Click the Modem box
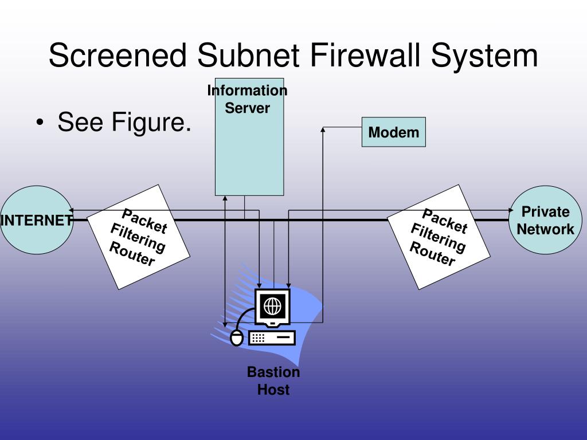click(x=393, y=132)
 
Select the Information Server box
click(x=249, y=149)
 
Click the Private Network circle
click(x=545, y=220)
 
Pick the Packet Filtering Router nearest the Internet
click(x=139, y=237)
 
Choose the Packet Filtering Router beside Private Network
click(x=439, y=237)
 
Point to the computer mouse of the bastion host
click(x=236, y=338)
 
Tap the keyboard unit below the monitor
click(x=272, y=337)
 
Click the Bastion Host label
click(x=273, y=381)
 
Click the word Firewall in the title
click(x=366, y=56)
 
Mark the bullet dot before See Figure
click(x=39, y=123)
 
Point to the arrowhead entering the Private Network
click(x=511, y=210)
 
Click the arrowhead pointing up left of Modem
click(x=323, y=130)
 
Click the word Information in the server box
click(x=247, y=91)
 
